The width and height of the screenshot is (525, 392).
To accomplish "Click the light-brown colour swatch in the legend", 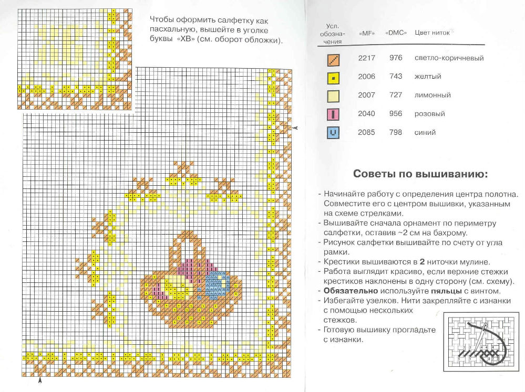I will tap(334, 58).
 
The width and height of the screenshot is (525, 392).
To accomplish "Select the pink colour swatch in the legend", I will tap(334, 114).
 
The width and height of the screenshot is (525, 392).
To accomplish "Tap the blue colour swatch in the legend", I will tap(334, 133).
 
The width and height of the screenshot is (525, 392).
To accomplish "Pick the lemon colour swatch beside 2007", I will tap(334, 96).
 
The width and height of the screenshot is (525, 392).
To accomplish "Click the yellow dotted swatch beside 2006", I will tap(334, 77).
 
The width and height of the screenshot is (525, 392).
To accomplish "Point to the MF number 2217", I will tap(366, 58).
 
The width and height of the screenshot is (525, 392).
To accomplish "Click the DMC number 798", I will tap(396, 133).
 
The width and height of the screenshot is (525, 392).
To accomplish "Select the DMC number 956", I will tap(396, 114).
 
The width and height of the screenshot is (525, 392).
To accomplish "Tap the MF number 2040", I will tap(366, 114).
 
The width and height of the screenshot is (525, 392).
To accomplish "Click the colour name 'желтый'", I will tap(427, 77).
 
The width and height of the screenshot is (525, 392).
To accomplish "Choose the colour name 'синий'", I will tap(425, 133).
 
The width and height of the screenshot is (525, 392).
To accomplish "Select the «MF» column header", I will tap(366, 33).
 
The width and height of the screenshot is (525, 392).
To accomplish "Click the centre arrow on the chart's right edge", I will tap(295, 128).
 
